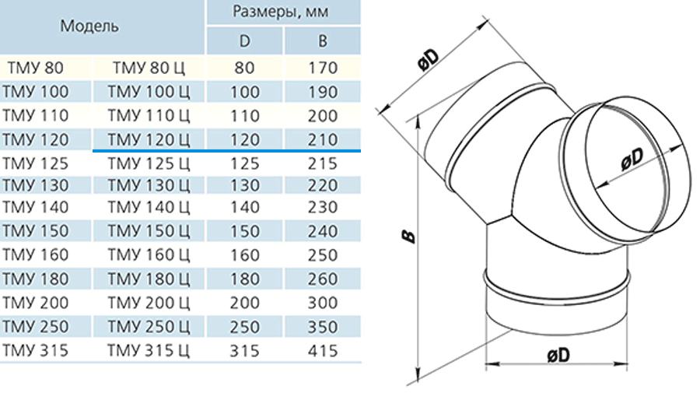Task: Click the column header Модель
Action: point(89,26)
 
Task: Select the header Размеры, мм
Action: point(281,12)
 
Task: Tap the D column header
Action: point(245,41)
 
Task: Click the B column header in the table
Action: point(322,41)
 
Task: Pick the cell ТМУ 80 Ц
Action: point(149,68)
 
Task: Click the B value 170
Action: point(322,68)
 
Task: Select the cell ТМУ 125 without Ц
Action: point(35,163)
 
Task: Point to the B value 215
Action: point(322,163)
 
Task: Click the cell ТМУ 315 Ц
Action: point(149,350)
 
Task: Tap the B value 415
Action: point(322,350)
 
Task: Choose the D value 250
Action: point(245,327)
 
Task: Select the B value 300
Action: point(322,303)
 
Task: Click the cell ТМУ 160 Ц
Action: point(149,255)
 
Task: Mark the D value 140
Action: point(245,207)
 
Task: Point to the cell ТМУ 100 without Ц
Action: point(35,92)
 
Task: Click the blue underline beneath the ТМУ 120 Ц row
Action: point(227,151)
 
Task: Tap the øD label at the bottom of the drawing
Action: point(558,355)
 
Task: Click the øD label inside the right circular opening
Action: point(632,159)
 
